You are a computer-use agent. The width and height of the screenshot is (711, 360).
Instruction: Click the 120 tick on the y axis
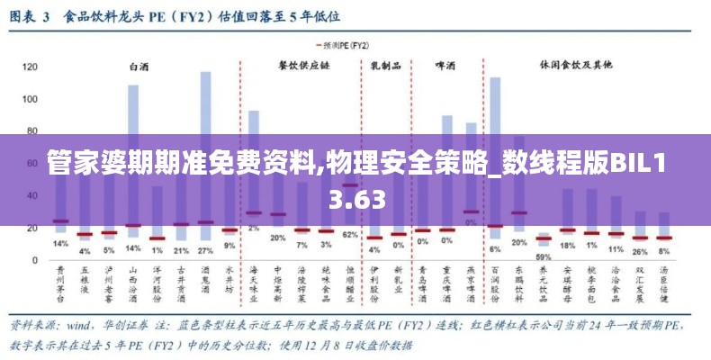31,67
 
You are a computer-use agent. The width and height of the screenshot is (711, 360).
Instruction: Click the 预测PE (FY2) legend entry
344,44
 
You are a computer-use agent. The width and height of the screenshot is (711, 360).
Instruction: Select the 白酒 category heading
139,66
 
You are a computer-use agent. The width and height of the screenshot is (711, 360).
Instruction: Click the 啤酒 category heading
445,66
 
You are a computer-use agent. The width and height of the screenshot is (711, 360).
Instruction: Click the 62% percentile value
350,235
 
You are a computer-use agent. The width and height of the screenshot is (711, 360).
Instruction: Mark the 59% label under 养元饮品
544,256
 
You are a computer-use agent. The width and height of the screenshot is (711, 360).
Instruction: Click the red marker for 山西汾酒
133,225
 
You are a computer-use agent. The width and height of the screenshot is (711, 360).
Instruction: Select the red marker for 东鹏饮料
519,213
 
